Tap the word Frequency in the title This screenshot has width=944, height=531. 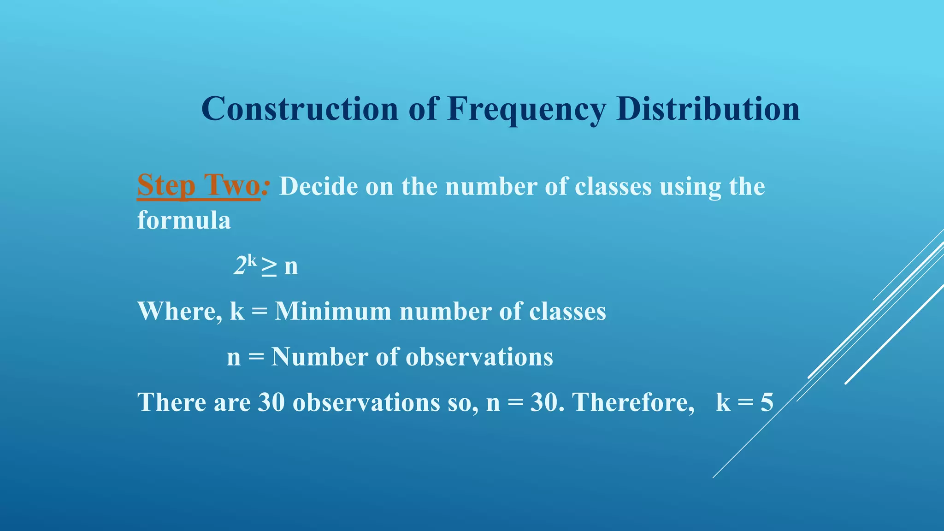point(527,110)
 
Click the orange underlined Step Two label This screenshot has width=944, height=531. point(199,185)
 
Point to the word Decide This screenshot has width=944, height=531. point(319,186)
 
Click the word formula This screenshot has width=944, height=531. point(184,220)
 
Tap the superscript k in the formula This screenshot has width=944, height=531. point(252,260)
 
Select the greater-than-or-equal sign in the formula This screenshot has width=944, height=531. point(269,267)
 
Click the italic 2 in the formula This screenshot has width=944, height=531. point(240,266)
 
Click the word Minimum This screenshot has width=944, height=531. point(333,311)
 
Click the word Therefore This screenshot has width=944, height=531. point(633,402)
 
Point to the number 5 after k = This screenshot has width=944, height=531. point(767,402)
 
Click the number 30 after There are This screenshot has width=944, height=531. point(271,402)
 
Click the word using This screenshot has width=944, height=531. point(690,187)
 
